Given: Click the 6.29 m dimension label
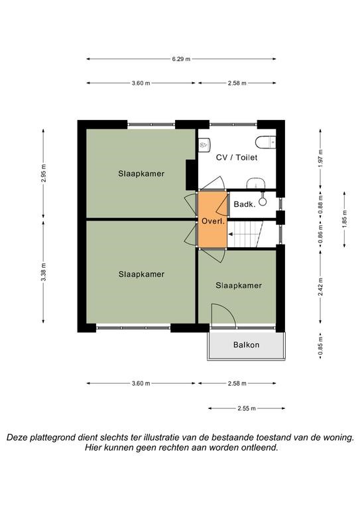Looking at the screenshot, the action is [x=181, y=59].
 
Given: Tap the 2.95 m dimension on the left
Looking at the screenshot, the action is [x=44, y=174].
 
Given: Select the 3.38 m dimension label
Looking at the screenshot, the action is [x=44, y=272].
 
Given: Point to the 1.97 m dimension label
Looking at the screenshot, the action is [x=321, y=158].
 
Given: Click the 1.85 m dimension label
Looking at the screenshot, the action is [x=345, y=219].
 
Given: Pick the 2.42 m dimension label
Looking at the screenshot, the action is [x=321, y=286].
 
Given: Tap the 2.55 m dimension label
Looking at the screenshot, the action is [x=247, y=408].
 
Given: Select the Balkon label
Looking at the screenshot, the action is [x=247, y=345].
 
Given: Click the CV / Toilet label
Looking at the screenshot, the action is [x=237, y=158].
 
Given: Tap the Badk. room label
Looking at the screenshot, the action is [x=245, y=205].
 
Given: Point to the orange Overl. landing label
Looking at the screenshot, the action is [x=213, y=222].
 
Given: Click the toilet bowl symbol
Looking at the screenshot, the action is [x=265, y=142].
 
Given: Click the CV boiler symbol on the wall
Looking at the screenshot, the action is [x=204, y=144].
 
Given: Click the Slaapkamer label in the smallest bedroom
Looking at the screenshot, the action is [x=239, y=286].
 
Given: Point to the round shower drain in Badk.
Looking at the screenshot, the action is [x=263, y=202].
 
